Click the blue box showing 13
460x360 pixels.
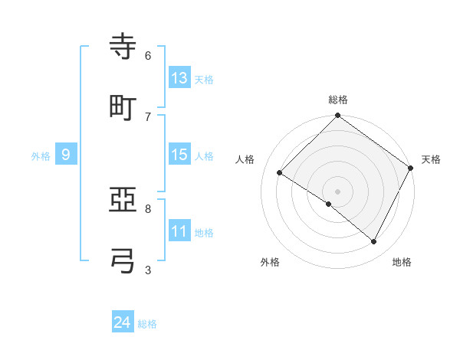[179, 77]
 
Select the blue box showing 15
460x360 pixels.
[179, 155]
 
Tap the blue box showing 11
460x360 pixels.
[179, 231]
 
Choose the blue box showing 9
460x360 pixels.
[66, 155]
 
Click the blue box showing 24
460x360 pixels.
[122, 322]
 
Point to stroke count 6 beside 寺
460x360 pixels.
[148, 56]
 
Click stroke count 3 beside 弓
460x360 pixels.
[148, 269]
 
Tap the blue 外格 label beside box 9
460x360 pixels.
[41, 155]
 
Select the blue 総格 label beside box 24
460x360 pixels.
[147, 324]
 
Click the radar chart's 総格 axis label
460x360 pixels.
[338, 100]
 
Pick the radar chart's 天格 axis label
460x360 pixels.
[431, 159]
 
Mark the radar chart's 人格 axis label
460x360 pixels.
[245, 159]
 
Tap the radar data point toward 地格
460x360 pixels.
[374, 242]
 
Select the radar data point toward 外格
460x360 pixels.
[329, 204]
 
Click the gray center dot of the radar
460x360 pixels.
[337, 191]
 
